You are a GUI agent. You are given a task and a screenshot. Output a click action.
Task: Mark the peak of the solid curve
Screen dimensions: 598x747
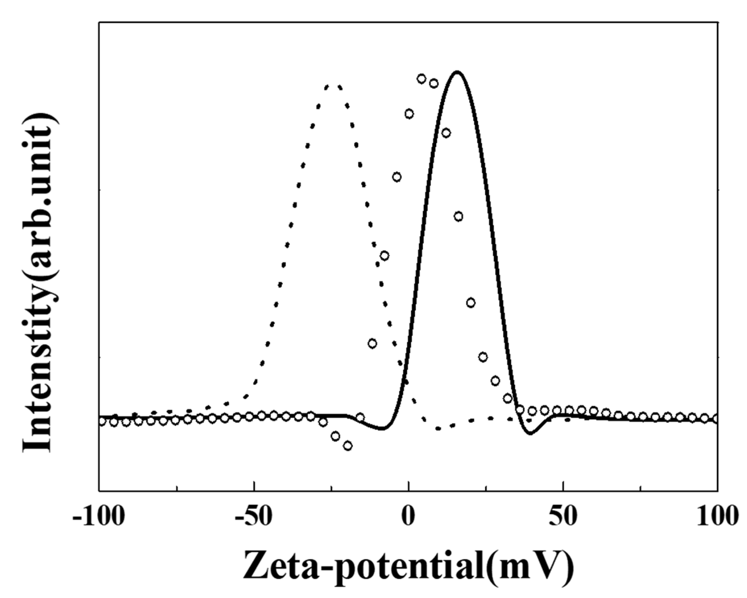(457, 72)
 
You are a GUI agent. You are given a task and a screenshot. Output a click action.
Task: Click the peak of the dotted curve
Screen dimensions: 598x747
(333, 85)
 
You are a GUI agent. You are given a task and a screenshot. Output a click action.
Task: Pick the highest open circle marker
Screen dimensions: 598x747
(421, 79)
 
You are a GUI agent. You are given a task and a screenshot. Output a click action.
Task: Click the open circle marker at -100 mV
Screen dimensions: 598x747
(101, 421)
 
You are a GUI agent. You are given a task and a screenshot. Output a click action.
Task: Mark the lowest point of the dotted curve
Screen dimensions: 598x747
(438, 429)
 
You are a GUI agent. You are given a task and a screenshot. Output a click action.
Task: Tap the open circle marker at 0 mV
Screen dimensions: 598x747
(409, 114)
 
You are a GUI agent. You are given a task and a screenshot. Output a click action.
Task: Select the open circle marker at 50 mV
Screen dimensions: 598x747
(557, 410)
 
